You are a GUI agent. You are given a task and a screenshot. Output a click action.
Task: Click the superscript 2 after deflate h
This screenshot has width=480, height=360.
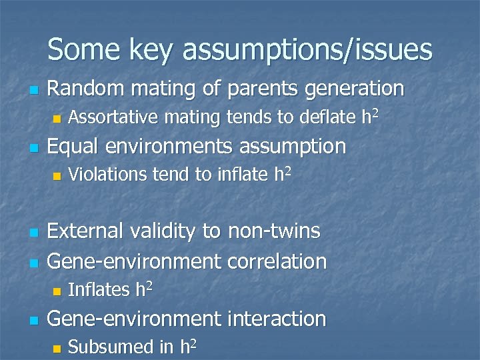376,113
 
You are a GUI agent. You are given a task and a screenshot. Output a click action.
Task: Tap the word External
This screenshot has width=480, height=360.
85,231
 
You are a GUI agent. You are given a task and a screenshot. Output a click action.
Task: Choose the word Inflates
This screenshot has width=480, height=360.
99,290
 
